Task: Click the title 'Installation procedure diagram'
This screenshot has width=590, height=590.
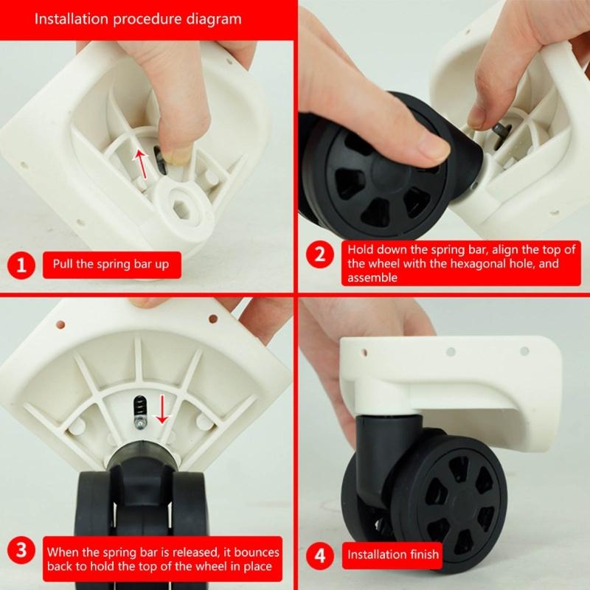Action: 138,18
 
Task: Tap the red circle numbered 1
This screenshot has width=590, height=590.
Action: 21,265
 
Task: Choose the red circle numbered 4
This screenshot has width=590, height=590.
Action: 320,554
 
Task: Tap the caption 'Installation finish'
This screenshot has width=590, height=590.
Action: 392,555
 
